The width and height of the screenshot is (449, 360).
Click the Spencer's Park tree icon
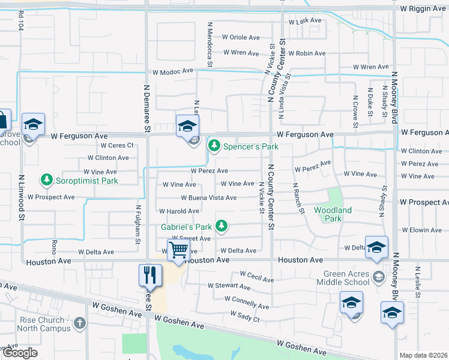[214, 146]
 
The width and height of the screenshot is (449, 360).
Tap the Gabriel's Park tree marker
[222, 226]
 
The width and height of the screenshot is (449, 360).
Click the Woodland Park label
[333, 214]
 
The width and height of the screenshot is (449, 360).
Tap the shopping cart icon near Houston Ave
[178, 251]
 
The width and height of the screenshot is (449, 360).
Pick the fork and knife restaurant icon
[150, 275]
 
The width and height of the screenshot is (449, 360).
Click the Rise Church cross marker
[80, 324]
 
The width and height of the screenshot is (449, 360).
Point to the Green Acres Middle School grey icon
[379, 277]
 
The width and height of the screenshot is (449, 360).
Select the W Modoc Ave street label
[173, 70]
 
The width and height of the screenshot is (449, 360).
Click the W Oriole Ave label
[240, 37]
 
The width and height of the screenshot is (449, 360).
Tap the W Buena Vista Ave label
[209, 197]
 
